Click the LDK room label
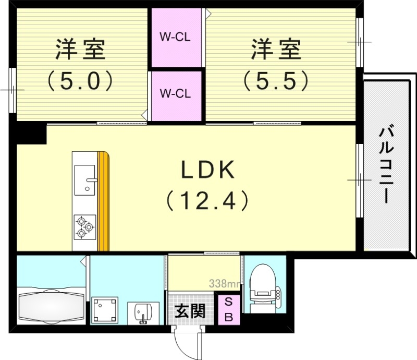[208, 171]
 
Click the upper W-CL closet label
[175, 38]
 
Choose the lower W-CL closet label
[175, 94]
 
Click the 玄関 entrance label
[189, 312]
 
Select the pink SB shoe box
[229, 309]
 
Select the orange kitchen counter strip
[104, 201]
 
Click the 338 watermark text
[224, 284]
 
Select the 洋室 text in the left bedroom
[80, 50]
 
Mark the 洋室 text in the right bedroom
[276, 50]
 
